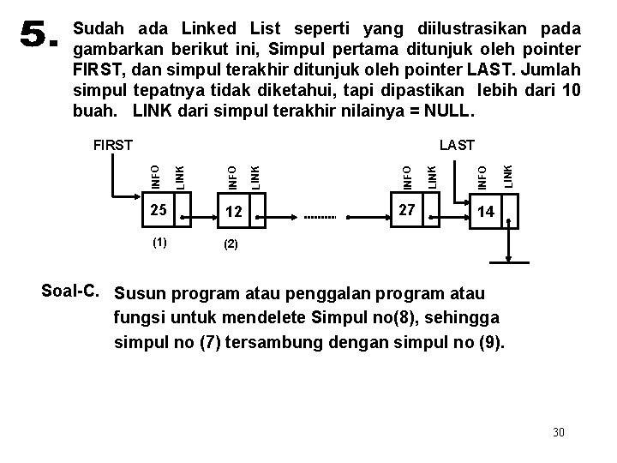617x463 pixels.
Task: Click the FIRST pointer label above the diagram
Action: pyautogui.click(x=111, y=145)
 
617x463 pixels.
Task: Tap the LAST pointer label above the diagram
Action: pyautogui.click(x=457, y=145)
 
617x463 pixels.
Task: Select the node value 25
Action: pyautogui.click(x=157, y=209)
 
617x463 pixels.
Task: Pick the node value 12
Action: pyautogui.click(x=233, y=212)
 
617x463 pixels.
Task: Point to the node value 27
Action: pyautogui.click(x=407, y=209)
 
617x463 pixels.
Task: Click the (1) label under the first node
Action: pyautogui.click(x=159, y=242)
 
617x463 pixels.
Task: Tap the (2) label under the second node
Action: pyautogui.click(x=231, y=244)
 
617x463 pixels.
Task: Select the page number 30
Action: pyautogui.click(x=559, y=431)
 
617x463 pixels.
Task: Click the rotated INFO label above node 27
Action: pyautogui.click(x=408, y=171)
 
